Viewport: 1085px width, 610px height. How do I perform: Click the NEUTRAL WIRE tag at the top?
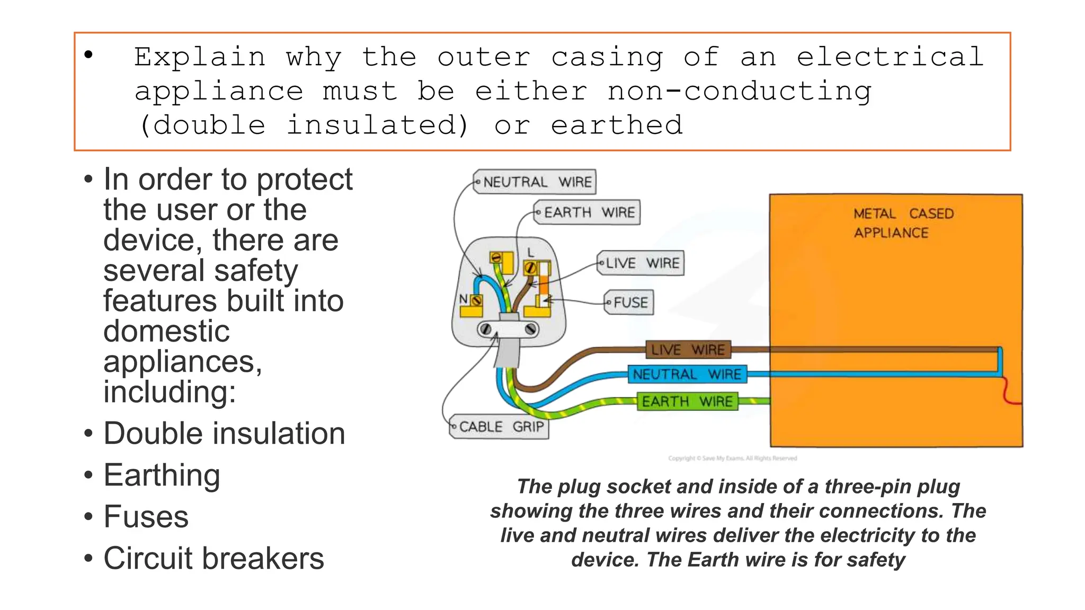[x=535, y=182]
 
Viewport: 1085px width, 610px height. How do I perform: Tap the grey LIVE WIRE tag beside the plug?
[x=641, y=263]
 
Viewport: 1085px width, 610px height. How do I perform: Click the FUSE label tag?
[x=629, y=302]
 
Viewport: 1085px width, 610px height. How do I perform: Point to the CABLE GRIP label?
[x=499, y=427]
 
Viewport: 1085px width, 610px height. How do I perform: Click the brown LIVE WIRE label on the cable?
[x=688, y=349]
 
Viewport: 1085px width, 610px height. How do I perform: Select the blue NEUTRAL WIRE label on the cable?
[x=687, y=374]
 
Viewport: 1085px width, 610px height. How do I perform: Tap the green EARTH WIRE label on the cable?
[x=687, y=401]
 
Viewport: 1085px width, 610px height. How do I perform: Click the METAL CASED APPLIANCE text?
[x=903, y=223]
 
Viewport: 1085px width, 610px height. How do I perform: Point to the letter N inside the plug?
[x=463, y=299]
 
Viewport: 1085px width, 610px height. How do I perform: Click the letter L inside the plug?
[x=531, y=253]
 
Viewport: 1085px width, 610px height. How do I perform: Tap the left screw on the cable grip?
[x=485, y=329]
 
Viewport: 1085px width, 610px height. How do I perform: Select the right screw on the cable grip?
[x=530, y=329]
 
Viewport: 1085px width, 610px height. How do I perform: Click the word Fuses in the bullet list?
[x=146, y=517]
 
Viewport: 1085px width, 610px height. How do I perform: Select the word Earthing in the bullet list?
[x=162, y=475]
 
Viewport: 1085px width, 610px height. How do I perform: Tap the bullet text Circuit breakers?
[x=214, y=559]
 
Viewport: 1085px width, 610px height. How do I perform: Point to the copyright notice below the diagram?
[x=732, y=459]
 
